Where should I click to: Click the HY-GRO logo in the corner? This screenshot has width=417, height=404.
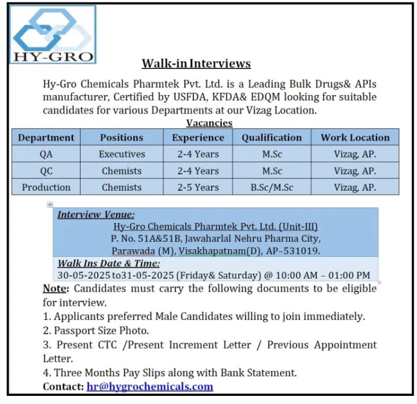click(52, 34)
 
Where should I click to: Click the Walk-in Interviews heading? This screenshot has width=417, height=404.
click(196, 63)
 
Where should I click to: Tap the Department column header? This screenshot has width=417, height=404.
click(46, 137)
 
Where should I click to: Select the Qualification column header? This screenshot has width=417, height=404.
click(272, 137)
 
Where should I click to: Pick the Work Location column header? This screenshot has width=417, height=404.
click(355, 137)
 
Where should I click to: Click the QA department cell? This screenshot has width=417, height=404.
click(46, 154)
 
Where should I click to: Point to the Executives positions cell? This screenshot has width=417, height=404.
click(122, 154)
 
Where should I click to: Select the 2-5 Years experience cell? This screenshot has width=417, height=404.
click(198, 187)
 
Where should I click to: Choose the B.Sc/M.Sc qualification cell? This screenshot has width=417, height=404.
click(272, 187)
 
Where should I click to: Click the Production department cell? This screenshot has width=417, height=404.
click(46, 187)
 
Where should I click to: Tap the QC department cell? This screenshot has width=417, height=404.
click(46, 171)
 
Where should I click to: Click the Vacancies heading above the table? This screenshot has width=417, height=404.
click(209, 123)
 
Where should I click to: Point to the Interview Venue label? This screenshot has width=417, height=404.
click(96, 214)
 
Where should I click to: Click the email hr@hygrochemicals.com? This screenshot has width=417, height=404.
click(150, 387)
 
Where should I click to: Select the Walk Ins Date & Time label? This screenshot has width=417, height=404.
click(100, 263)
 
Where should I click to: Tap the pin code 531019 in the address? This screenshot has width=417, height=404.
click(305, 250)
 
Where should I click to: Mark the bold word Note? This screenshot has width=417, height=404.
click(55, 288)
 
